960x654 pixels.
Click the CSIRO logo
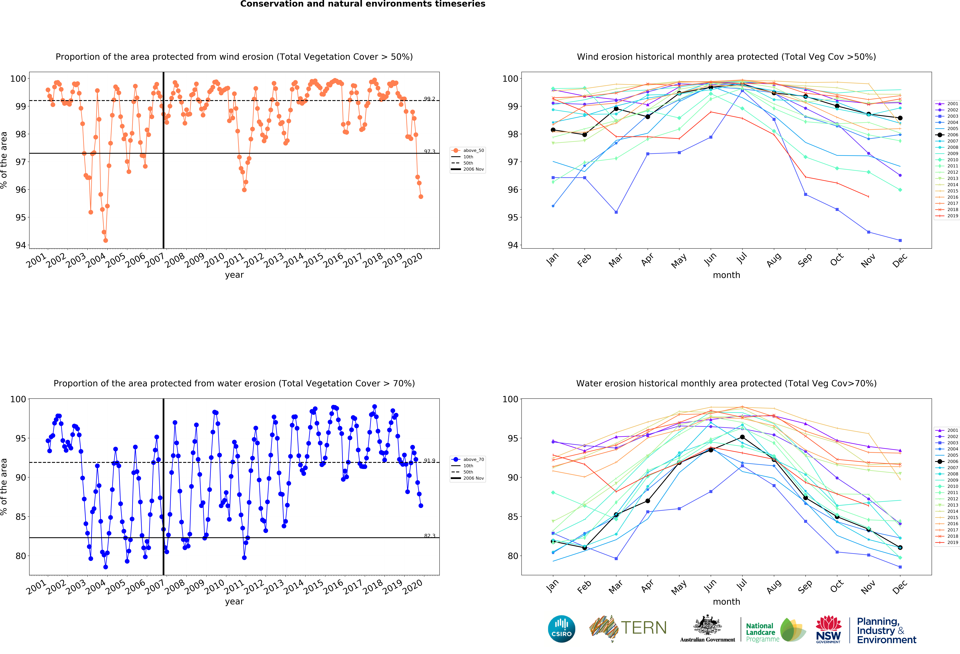pos(561,629)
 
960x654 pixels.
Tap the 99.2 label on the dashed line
pos(429,99)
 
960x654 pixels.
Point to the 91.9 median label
pos(429,460)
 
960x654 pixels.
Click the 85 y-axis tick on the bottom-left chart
pos(21,516)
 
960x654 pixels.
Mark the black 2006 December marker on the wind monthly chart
pos(900,118)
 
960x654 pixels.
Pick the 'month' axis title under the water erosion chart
pos(726,602)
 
